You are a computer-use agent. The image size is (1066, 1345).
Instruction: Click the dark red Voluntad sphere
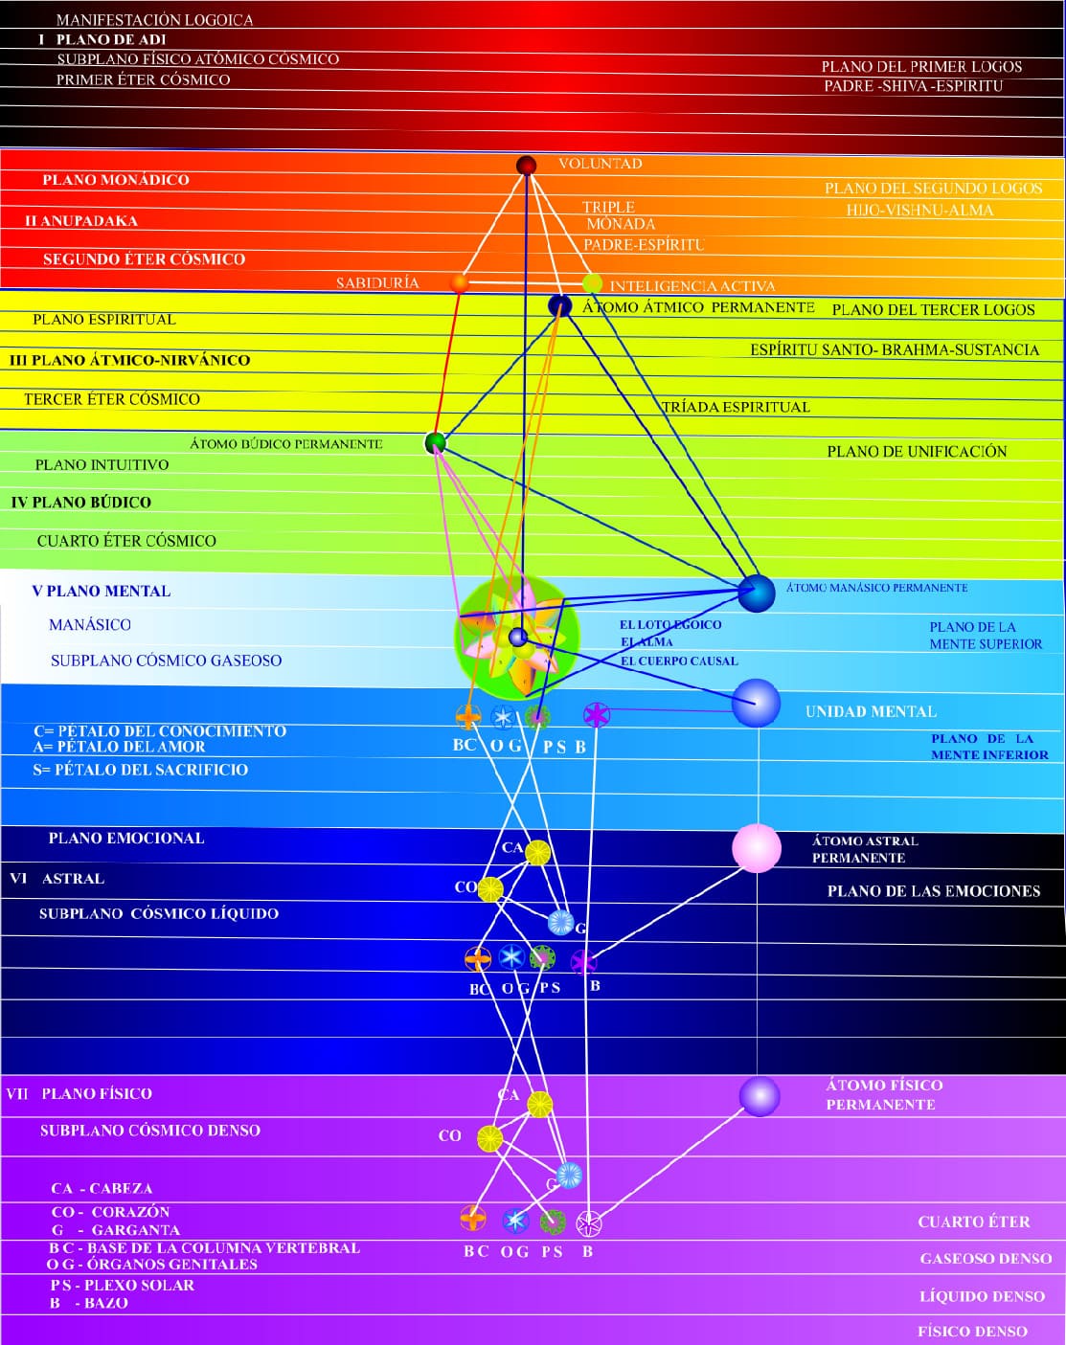(526, 166)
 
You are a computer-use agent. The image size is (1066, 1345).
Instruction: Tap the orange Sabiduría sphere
(460, 283)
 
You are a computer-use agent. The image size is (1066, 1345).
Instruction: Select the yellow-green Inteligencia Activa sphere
(593, 283)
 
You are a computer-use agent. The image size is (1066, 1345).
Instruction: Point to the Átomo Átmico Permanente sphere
(559, 306)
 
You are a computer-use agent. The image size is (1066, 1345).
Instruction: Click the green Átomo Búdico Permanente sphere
(436, 442)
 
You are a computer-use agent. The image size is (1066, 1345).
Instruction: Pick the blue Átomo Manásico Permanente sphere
(757, 594)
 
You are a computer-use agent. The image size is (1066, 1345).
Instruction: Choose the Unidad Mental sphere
(757, 704)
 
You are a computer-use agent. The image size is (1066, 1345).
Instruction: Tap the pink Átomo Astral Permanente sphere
(757, 848)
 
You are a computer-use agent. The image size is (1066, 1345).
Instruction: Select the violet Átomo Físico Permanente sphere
(760, 1096)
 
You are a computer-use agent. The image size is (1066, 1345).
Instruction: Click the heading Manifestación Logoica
(154, 20)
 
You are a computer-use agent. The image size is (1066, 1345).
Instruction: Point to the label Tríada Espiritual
(736, 407)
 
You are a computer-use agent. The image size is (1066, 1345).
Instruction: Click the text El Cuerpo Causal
(679, 661)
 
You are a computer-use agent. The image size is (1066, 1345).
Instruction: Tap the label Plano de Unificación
(917, 451)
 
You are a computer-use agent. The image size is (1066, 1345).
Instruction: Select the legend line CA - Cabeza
(102, 1188)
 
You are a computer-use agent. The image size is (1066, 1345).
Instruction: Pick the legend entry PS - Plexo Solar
(123, 1285)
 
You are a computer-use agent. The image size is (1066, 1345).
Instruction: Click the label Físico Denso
(972, 1331)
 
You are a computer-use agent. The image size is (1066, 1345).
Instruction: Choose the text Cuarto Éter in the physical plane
(974, 1222)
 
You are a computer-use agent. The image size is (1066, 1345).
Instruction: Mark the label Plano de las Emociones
(934, 891)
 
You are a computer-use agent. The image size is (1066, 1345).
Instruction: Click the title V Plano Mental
(102, 591)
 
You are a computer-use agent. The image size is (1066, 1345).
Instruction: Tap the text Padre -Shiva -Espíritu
(914, 86)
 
